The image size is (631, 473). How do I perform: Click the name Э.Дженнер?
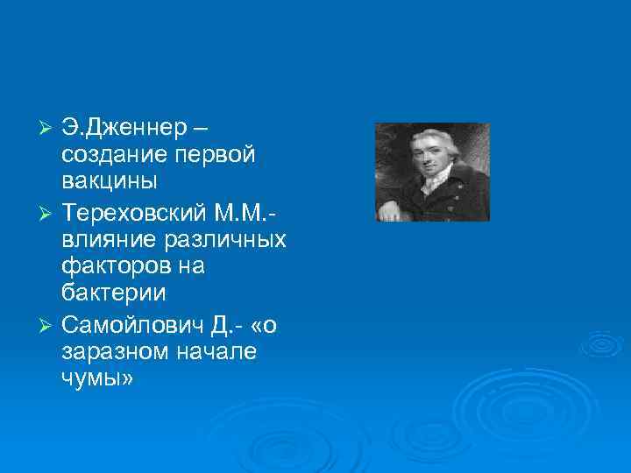point(124,128)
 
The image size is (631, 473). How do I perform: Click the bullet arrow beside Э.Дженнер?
point(49,129)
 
